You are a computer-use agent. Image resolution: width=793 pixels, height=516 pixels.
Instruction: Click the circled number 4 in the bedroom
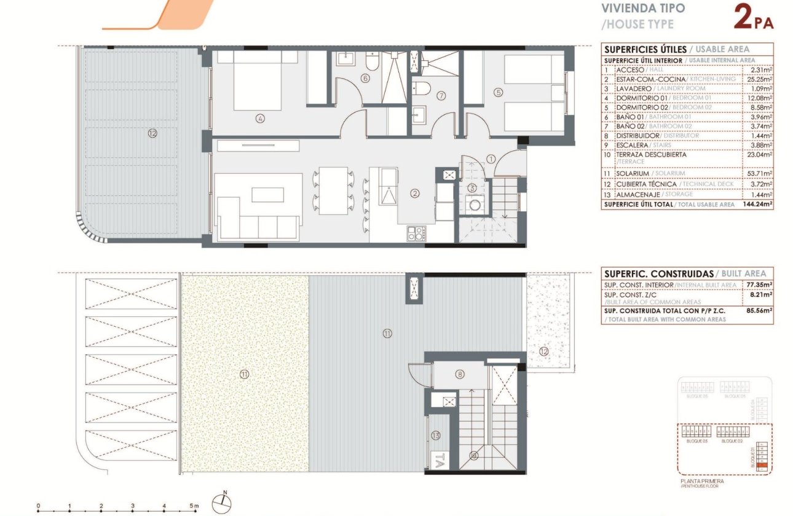click(x=261, y=119)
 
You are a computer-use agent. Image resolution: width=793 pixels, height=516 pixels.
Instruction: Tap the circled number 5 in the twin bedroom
click(x=499, y=93)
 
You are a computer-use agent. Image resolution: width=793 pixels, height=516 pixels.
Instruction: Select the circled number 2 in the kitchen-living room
click(x=415, y=193)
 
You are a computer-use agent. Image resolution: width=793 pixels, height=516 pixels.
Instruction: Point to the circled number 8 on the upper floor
click(x=459, y=373)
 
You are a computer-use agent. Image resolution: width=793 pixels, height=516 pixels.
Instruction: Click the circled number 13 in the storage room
click(x=436, y=435)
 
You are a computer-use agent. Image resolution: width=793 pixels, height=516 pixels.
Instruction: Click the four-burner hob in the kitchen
click(x=417, y=233)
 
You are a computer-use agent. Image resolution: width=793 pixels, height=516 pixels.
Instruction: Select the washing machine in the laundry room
click(x=474, y=205)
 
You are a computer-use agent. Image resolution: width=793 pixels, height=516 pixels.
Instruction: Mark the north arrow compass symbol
click(x=222, y=504)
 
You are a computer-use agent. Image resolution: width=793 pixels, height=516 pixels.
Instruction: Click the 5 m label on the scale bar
click(x=195, y=506)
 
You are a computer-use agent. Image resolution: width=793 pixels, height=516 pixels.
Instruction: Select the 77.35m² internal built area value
click(x=759, y=285)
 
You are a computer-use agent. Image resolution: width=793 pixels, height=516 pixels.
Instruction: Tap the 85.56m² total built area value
click(x=759, y=311)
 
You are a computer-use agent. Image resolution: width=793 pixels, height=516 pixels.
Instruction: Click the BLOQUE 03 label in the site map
click(x=696, y=441)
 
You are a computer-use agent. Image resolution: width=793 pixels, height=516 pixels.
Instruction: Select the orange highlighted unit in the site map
click(x=762, y=466)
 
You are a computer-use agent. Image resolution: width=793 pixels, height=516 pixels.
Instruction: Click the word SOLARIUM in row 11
click(x=631, y=174)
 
